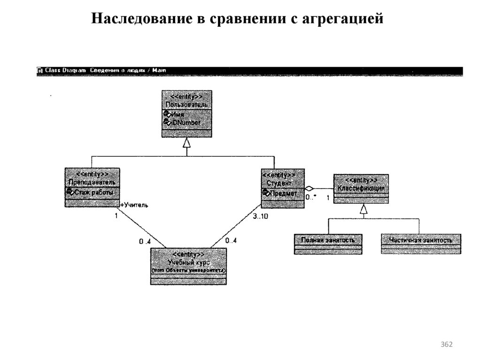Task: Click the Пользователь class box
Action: [186, 114]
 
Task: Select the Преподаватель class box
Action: [92, 187]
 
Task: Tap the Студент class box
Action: [282, 188]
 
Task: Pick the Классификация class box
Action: [361, 188]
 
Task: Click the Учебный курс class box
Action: [188, 266]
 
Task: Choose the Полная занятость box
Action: [328, 244]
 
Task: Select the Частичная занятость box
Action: [420, 244]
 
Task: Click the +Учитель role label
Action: [134, 205]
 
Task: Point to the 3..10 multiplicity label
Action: [261, 217]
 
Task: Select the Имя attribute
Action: [177, 115]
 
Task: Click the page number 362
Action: [446, 345]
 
